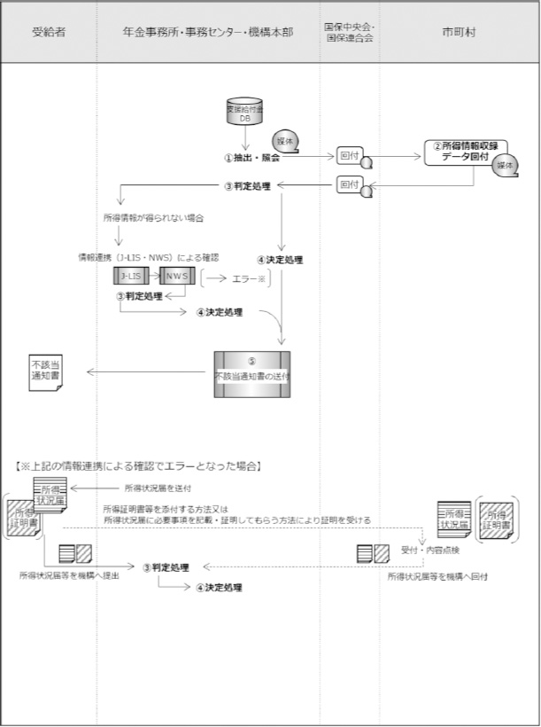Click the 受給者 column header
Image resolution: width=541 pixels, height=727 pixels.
48,32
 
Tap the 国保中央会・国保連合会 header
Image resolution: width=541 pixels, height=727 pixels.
349,32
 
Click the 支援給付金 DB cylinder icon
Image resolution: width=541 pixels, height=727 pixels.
245,113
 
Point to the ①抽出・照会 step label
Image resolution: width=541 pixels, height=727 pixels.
251,157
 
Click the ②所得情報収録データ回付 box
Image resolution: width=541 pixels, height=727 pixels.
463,152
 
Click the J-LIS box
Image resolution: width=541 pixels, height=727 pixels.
131,277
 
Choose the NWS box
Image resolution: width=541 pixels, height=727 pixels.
176,277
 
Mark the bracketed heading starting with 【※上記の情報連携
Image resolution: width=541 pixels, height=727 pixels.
139,465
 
